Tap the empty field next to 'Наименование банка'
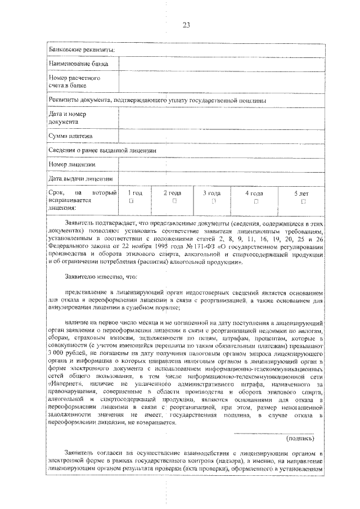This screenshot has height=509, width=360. tap(220, 64)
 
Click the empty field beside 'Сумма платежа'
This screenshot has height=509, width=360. tap(220, 136)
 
